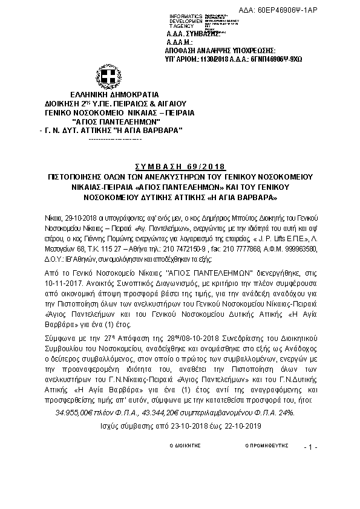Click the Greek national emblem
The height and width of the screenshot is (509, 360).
click(x=109, y=77)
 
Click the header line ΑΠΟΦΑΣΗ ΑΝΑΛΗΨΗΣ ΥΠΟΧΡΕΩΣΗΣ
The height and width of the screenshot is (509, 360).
click(x=220, y=51)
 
